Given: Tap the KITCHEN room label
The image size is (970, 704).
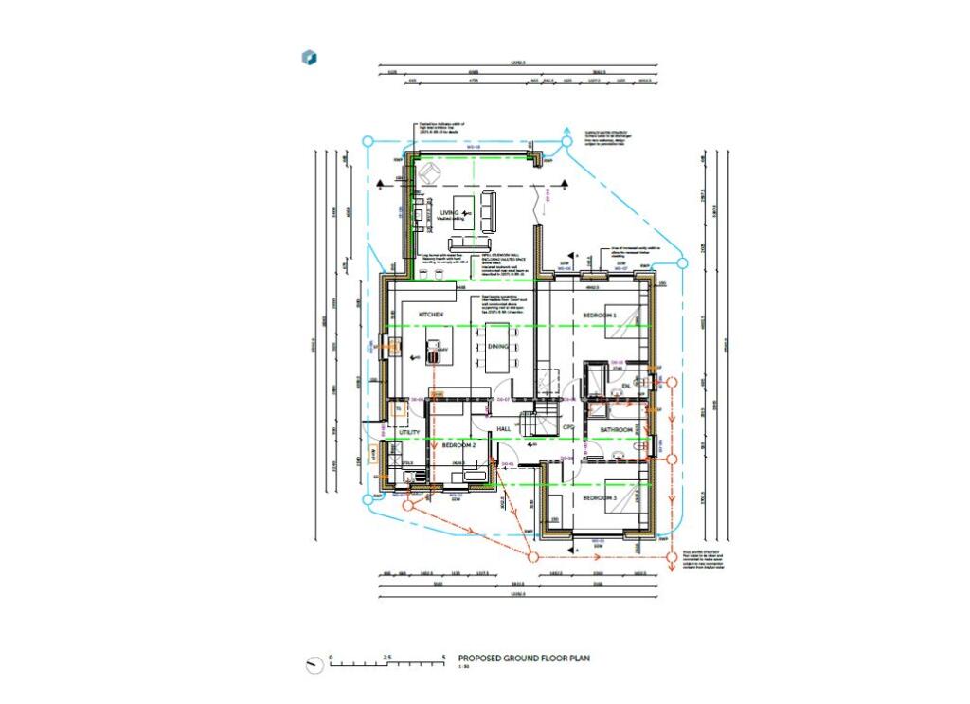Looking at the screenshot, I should click(418, 314).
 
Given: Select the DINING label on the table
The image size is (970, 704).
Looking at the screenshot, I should click(498, 347).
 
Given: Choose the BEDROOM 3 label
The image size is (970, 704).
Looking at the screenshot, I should click(600, 498).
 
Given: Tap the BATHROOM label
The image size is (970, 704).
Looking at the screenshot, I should click(615, 430).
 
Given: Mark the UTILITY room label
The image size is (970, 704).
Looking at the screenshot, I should click(409, 432).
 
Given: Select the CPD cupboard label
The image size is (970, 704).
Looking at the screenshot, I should click(568, 428).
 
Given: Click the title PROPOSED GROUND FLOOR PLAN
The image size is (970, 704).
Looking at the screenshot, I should click(525, 658).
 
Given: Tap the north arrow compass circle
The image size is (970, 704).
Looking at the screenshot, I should click(314, 665).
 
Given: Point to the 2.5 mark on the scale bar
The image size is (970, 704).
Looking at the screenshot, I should click(386, 657).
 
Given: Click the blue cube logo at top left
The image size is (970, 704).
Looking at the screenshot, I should click(309, 58).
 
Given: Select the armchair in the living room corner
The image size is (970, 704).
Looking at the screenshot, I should click(431, 173).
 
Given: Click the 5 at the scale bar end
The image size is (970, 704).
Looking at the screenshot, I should click(442, 657).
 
